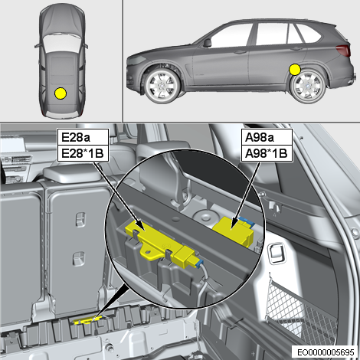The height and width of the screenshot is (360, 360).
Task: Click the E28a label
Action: (76, 138)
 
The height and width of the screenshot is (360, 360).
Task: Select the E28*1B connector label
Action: (83, 154)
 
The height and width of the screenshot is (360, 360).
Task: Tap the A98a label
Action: (260, 138)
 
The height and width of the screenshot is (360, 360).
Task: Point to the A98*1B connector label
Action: (266, 154)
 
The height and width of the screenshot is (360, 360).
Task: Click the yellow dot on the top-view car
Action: (61, 93)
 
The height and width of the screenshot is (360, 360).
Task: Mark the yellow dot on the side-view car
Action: (295, 70)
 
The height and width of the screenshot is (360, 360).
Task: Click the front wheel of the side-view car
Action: (162, 86)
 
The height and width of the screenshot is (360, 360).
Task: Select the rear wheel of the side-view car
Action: (308, 87)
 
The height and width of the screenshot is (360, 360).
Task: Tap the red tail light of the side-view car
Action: (343, 50)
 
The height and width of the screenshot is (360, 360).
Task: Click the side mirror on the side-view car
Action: (208, 43)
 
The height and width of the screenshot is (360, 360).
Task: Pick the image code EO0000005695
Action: (326, 352)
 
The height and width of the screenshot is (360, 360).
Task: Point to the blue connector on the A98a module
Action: (247, 221)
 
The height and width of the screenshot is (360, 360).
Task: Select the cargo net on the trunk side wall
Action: (301, 309)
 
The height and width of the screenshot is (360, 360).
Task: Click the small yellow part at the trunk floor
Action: (87, 320)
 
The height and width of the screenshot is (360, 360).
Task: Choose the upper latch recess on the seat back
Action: (80, 219)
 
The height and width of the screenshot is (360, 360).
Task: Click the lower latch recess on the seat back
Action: (79, 258)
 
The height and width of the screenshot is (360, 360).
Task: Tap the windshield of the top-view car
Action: (61, 43)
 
